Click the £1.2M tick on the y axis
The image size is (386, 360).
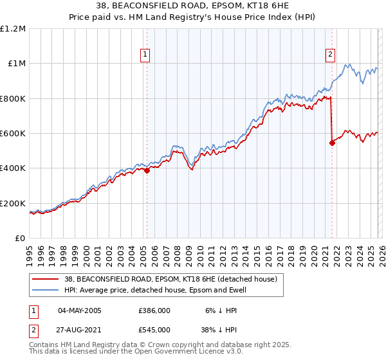[x=13, y=29]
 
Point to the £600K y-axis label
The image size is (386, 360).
[x=13, y=134]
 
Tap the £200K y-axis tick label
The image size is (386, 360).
[x=13, y=203]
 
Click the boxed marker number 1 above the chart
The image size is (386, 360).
[x=146, y=55]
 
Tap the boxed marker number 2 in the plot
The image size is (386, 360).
[x=330, y=55]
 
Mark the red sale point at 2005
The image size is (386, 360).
[x=147, y=171]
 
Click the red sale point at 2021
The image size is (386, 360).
[x=332, y=143]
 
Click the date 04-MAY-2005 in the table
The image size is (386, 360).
[x=80, y=310]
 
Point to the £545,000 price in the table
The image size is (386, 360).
[x=154, y=329]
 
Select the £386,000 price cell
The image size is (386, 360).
[x=154, y=310]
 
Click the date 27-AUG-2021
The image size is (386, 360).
[x=80, y=329]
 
